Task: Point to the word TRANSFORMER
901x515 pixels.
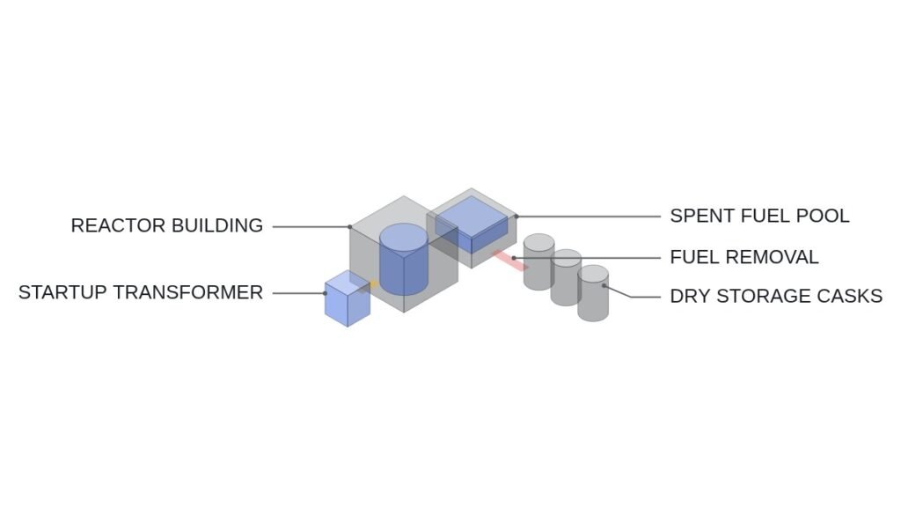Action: (188, 292)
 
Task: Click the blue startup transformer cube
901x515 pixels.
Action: (348, 298)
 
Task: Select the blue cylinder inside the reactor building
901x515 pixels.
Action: (404, 259)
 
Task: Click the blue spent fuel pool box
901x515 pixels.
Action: (472, 224)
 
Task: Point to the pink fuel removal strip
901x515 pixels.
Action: (510, 261)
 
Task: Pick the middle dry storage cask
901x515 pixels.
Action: (566, 277)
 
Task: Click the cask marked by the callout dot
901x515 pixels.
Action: (593, 293)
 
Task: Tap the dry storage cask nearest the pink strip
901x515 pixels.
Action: (539, 262)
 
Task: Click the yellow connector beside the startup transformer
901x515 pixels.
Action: (373, 284)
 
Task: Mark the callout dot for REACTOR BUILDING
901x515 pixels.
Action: (350, 226)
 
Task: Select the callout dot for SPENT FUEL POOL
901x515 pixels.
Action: (516, 217)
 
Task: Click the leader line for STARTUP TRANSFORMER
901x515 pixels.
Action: (299, 293)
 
